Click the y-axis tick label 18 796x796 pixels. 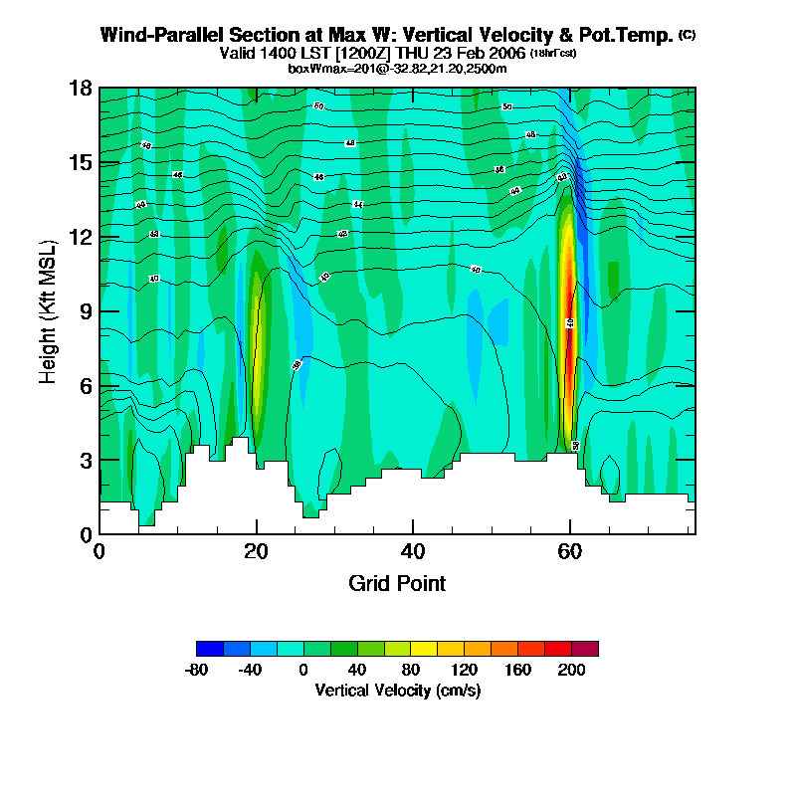point(81,88)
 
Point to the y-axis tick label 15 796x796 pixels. point(81,162)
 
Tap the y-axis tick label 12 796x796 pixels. point(81,237)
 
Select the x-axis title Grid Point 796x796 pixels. point(397,583)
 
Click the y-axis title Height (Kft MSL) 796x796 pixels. point(48,311)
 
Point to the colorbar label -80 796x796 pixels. point(197,670)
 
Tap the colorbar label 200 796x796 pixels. point(571,670)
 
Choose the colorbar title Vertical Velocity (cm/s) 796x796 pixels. point(397,690)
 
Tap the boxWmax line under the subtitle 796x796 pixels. point(397,68)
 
